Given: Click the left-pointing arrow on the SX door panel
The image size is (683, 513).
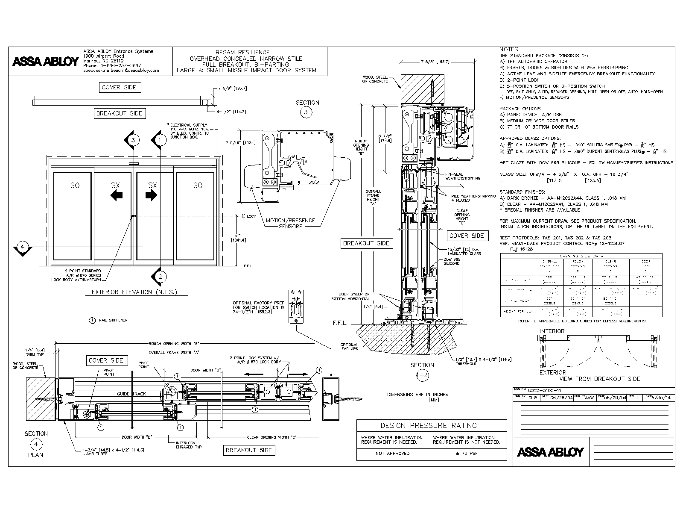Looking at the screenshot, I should (x=116, y=195).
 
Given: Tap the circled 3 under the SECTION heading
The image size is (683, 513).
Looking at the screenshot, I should (x=306, y=112).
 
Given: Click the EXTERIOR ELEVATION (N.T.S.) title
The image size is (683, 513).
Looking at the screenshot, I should (x=134, y=292).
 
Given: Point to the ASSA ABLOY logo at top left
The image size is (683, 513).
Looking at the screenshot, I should (x=45, y=61).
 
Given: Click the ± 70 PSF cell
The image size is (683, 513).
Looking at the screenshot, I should (x=467, y=453).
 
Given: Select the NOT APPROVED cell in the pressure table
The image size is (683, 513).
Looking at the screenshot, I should (x=392, y=453).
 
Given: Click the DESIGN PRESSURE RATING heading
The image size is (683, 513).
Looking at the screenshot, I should (x=431, y=425).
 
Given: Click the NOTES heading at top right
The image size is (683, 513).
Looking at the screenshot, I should (x=508, y=50).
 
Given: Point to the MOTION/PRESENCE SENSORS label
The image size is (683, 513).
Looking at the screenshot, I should (x=290, y=223).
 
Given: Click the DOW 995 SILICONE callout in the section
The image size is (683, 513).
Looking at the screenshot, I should (x=451, y=261).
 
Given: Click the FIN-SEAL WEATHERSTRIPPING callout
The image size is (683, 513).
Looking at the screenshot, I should (x=462, y=176).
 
